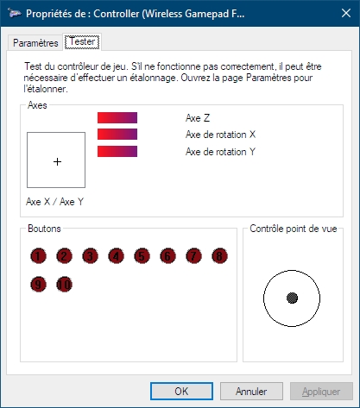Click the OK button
[x=181, y=391]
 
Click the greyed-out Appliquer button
[x=321, y=391]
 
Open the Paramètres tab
[x=35, y=43]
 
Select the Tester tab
[x=82, y=42]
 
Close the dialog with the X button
[x=346, y=13]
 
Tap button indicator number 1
[x=38, y=256]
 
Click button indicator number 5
[x=142, y=256]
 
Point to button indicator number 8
[x=219, y=256]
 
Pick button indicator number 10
[x=64, y=285]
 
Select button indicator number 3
[x=90, y=256]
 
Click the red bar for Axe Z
[x=117, y=117]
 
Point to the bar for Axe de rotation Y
[x=117, y=152]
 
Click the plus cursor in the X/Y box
[x=57, y=161]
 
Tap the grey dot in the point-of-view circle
[x=292, y=298]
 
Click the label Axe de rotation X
[x=220, y=135]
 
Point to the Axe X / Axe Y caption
[x=54, y=202]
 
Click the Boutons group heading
[x=44, y=229]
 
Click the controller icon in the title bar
[x=15, y=13]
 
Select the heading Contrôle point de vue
[x=294, y=229]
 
